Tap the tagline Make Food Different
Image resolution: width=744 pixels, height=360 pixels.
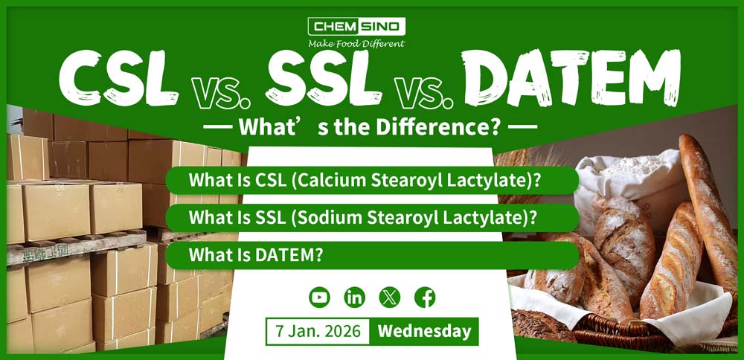(356, 44)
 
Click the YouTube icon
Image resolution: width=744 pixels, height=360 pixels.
(319, 298)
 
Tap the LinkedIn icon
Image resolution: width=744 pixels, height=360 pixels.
(354, 298)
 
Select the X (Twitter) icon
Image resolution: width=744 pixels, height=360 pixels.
(390, 298)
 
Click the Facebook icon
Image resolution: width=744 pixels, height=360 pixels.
(425, 298)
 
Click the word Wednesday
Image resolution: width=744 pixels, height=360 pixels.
(424, 331)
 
